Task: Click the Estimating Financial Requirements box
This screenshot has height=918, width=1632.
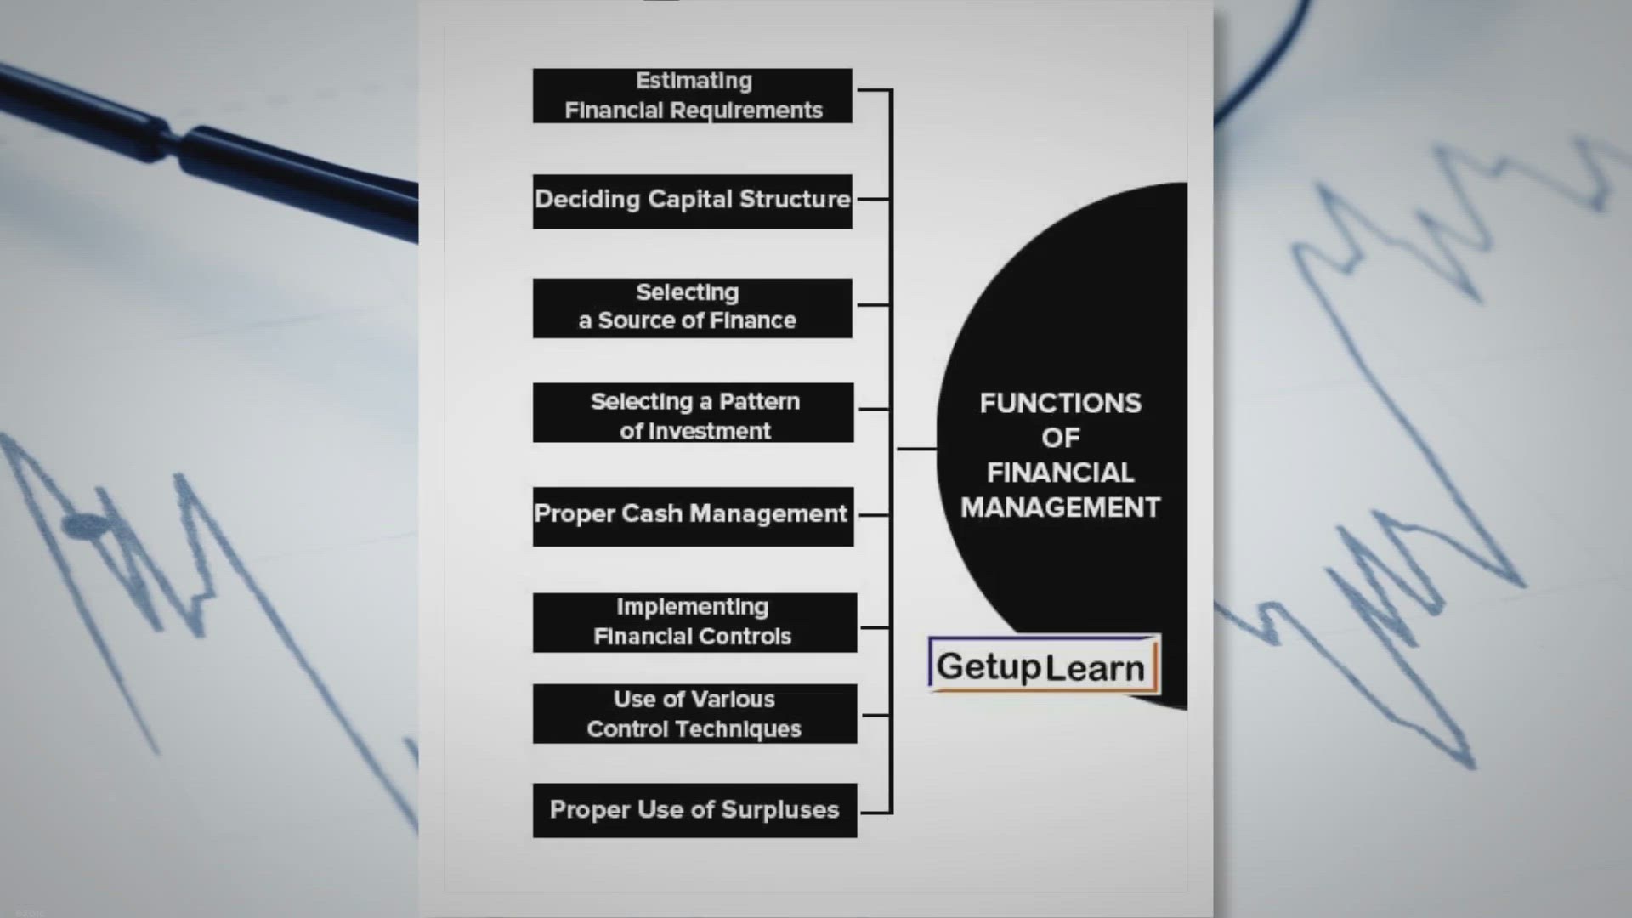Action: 693,95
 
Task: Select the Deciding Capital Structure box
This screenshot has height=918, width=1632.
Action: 693,201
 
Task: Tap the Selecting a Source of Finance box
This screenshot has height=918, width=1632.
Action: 693,308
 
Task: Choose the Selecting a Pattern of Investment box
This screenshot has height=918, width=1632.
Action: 694,412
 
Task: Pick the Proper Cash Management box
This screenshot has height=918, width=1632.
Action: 694,517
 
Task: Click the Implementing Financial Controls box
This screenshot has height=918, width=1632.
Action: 695,623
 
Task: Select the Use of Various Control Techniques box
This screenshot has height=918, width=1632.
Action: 695,714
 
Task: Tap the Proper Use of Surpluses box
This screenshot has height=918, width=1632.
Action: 695,810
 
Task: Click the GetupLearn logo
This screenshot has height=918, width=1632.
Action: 1044,665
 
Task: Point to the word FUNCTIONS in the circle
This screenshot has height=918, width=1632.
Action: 1060,403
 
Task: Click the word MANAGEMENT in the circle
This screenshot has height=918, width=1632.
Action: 1060,507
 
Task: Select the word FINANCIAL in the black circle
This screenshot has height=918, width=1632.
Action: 1060,473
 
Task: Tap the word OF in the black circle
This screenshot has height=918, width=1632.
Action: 1061,438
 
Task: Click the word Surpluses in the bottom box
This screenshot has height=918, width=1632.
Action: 779,810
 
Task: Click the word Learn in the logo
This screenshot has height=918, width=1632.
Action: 1095,668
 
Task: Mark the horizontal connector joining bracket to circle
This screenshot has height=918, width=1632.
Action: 917,448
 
